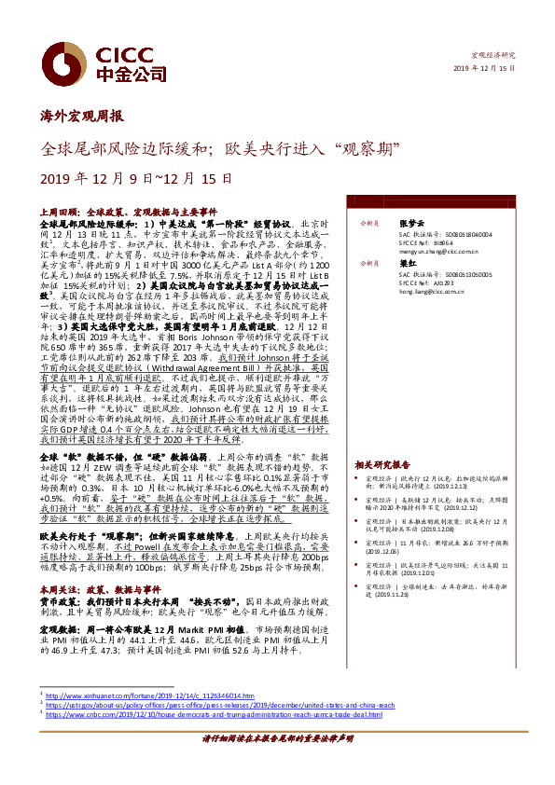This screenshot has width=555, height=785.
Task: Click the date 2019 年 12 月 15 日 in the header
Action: point(484,69)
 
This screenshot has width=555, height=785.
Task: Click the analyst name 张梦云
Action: point(410,224)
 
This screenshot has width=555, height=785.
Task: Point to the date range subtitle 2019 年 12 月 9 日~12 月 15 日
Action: point(136,178)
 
